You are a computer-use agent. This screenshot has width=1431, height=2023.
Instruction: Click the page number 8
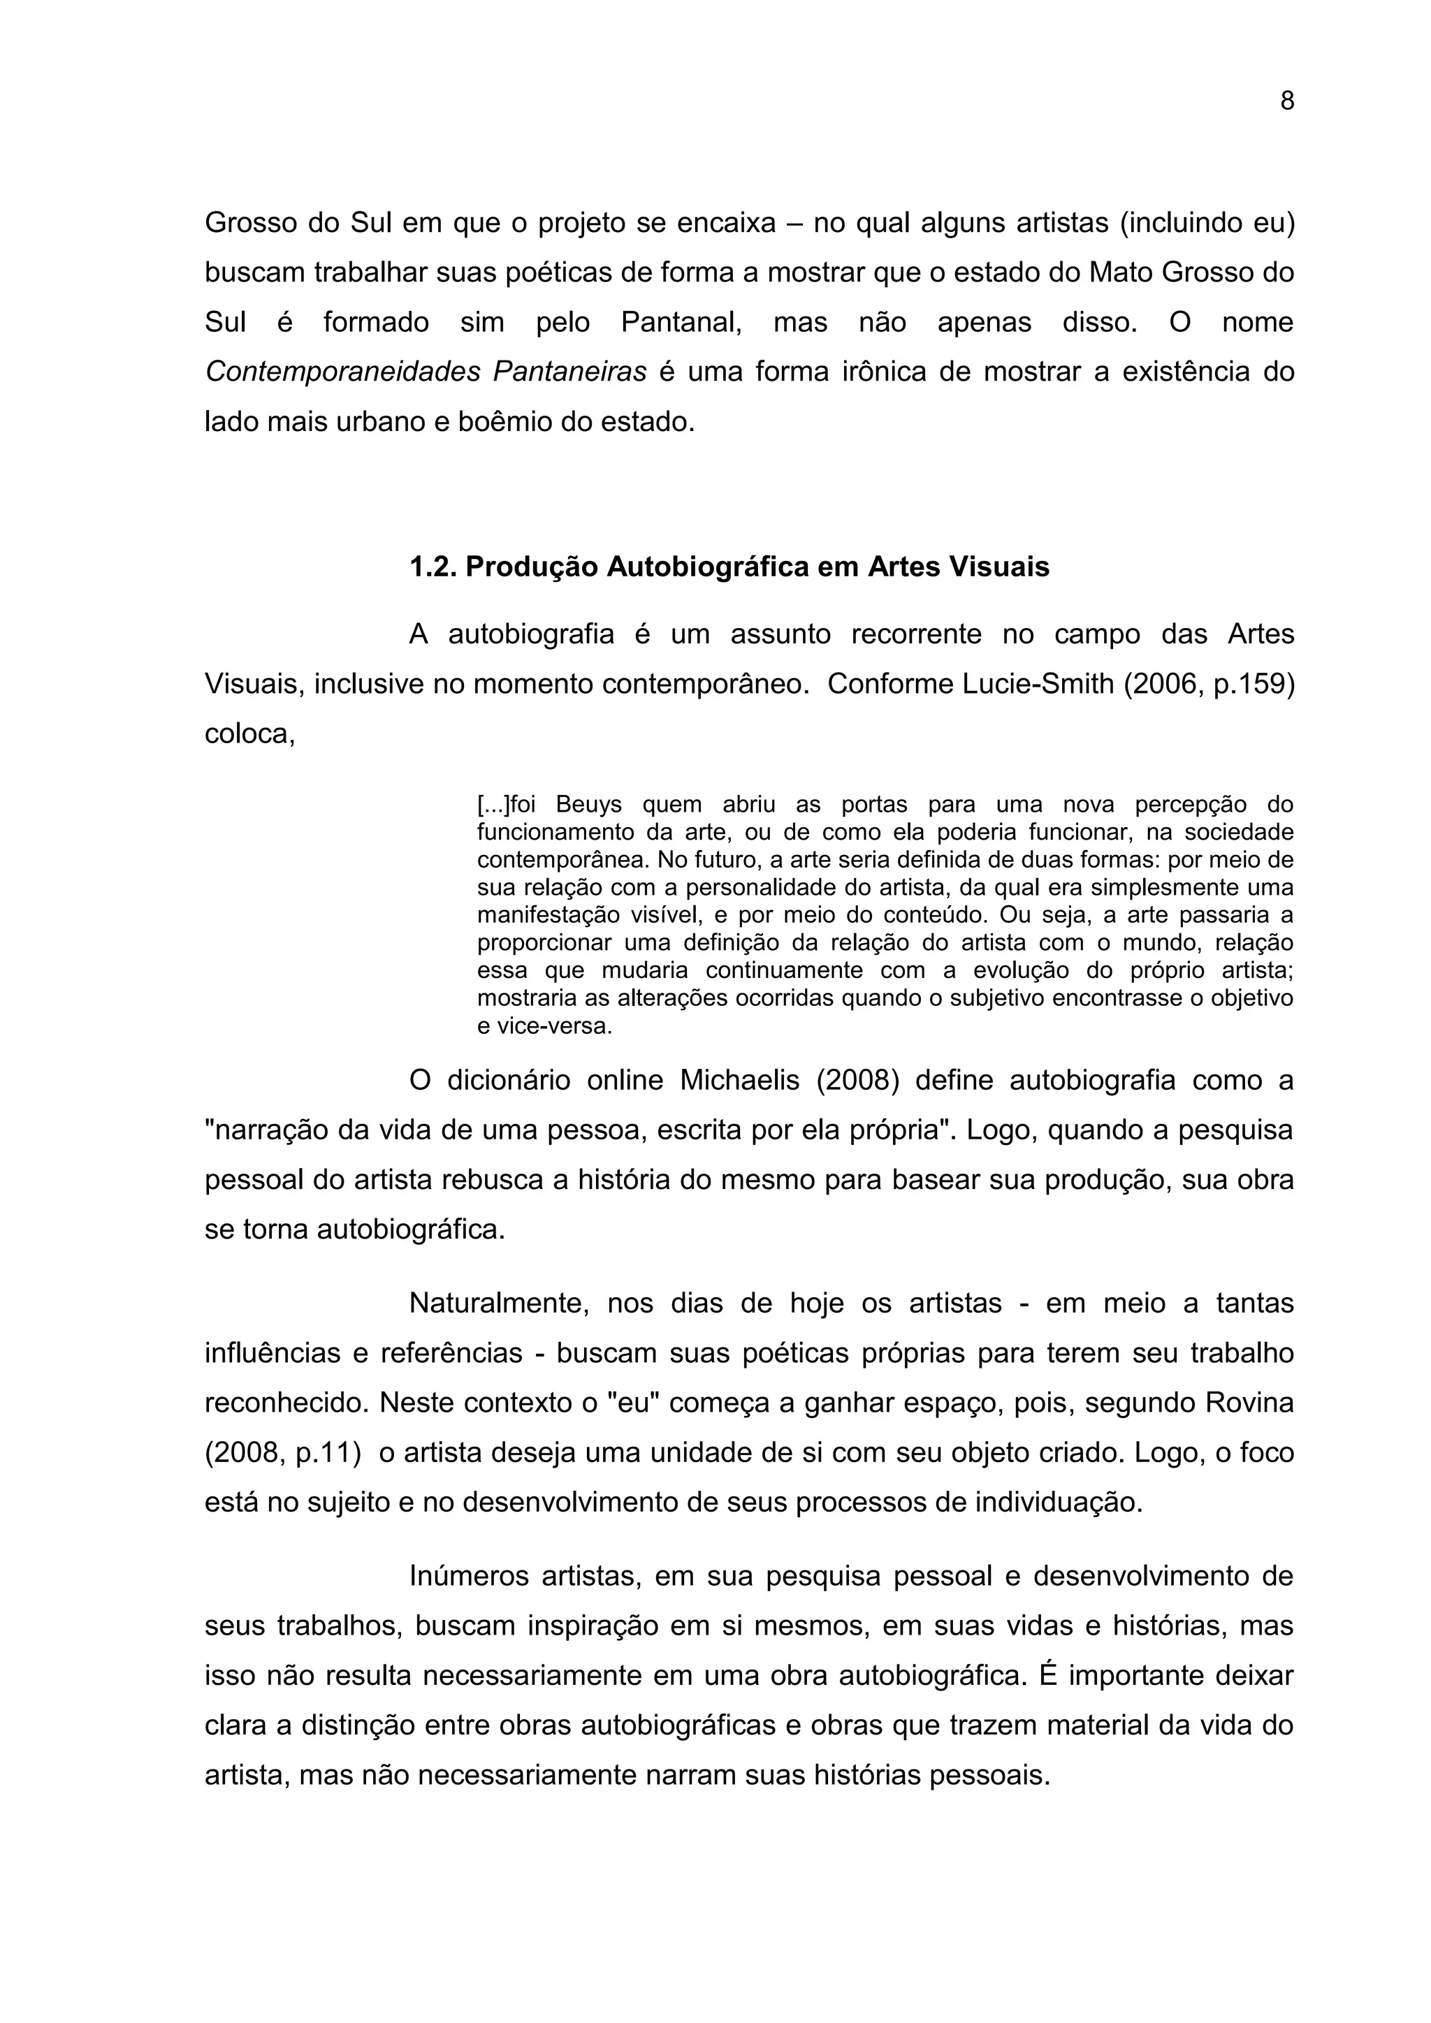(1286, 102)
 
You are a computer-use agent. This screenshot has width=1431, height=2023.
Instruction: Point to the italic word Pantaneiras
(570, 372)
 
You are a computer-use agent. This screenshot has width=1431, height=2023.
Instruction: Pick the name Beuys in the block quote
(588, 805)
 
